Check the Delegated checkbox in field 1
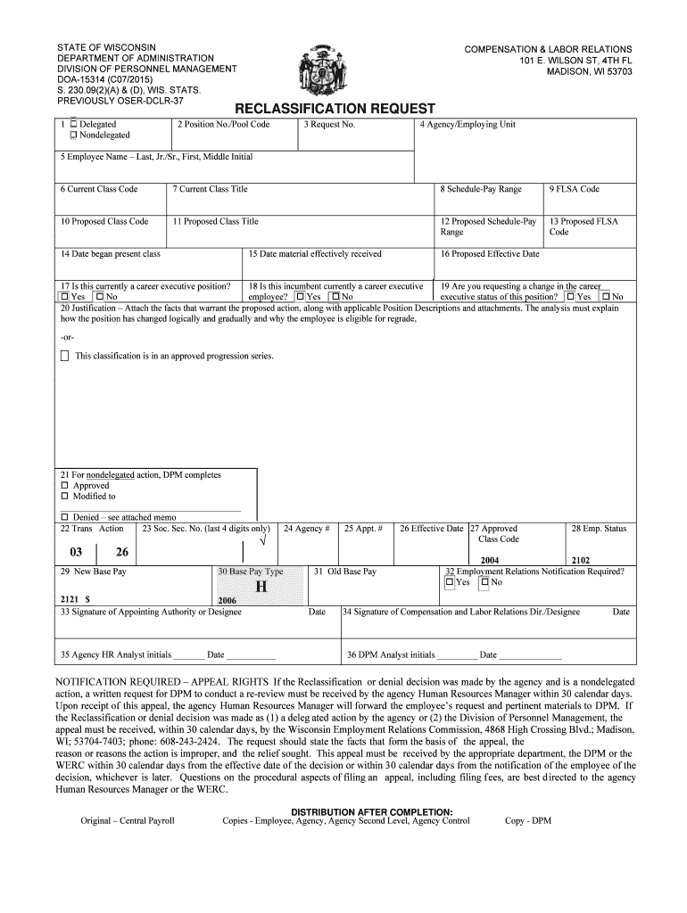[x=73, y=125]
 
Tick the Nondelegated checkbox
[x=73, y=136]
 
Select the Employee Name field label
[x=156, y=157]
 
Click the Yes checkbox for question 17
[x=63, y=297]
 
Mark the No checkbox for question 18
[x=335, y=297]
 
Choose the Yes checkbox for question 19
[x=570, y=297]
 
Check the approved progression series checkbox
[x=64, y=357]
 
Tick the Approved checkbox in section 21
[x=64, y=486]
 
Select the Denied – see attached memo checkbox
[x=64, y=517]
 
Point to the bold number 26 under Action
[x=121, y=552]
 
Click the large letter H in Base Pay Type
[x=261, y=588]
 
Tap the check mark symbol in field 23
[x=261, y=542]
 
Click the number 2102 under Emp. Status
[x=581, y=561]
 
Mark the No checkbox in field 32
[x=484, y=583]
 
